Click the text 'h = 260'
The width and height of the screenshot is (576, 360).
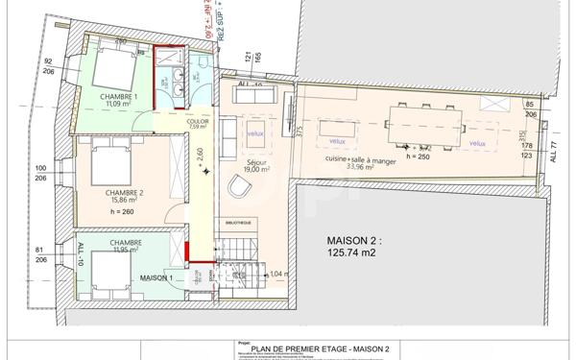tap(123, 211)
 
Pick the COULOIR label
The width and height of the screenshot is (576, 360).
tap(198, 122)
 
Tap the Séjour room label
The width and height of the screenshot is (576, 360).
tap(256, 163)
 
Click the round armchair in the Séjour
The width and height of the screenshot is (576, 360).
tap(238, 188)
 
